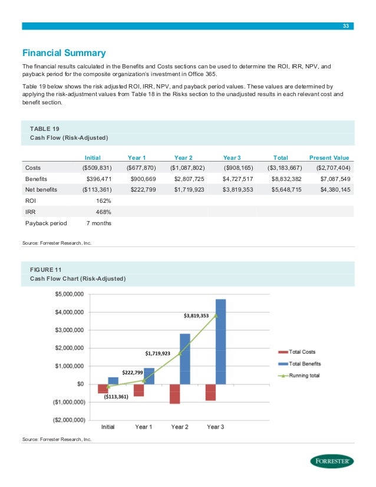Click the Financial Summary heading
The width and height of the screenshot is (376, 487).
64,52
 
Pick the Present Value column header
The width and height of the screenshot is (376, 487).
329,157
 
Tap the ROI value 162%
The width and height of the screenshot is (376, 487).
103,200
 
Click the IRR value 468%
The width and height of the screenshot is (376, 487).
103,212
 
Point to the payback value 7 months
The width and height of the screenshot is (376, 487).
98,223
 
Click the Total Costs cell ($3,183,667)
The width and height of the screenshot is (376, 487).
285,167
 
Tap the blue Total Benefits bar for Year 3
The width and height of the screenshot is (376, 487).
220,341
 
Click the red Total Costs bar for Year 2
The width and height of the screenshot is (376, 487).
174,393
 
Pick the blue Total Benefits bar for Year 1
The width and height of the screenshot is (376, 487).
149,376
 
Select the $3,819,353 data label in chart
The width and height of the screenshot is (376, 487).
196,315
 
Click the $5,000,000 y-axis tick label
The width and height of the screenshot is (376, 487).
70,294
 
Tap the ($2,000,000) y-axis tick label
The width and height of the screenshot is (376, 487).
68,420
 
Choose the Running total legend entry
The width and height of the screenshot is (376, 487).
303,375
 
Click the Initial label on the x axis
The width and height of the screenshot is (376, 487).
108,427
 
